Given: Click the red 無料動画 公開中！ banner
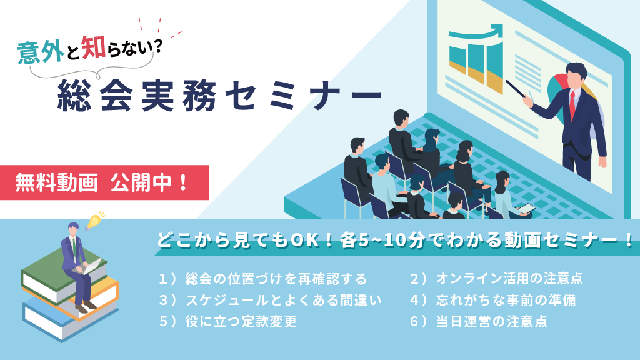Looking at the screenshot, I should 104,182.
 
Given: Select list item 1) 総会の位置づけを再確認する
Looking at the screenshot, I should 263,279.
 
